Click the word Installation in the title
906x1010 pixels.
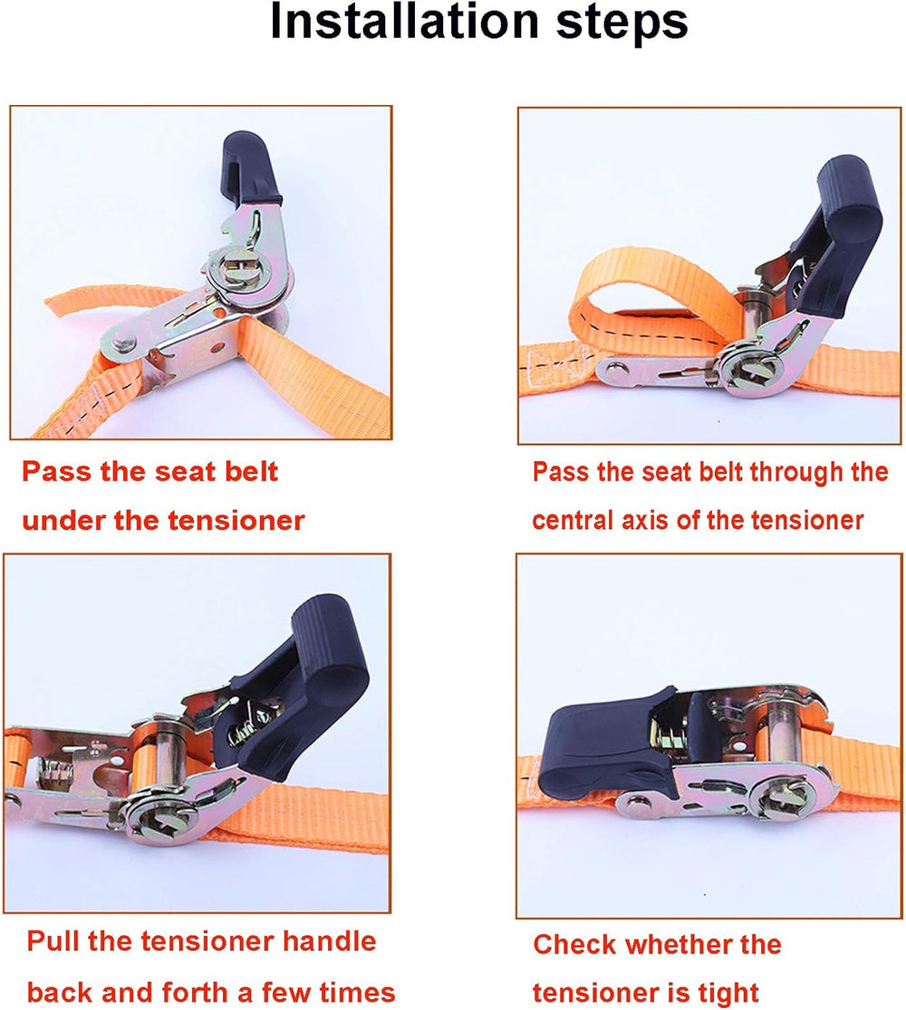[x=404, y=22]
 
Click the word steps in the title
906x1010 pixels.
[x=622, y=24]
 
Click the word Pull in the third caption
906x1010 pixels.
[x=53, y=941]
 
